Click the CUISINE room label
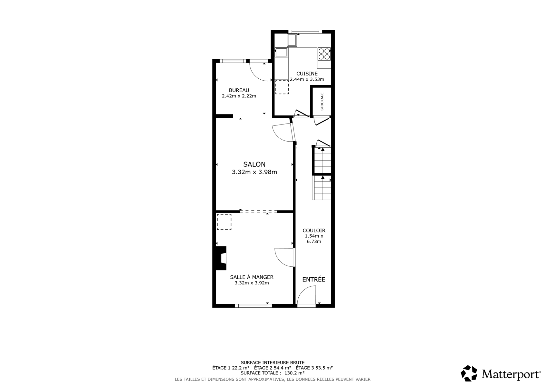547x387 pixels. coord(307,74)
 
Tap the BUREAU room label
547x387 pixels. coord(239,90)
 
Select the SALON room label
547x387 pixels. coord(254,164)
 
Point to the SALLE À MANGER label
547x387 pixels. coord(252,277)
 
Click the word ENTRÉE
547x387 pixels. coord(314,279)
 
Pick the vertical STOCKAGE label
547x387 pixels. coord(322,101)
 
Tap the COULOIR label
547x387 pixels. coord(314,230)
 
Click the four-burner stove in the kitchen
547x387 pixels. coord(324,54)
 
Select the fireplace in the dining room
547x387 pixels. coord(221,258)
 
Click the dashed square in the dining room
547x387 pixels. coord(224,222)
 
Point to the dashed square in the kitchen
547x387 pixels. coord(282,87)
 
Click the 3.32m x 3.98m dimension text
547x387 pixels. coord(254,172)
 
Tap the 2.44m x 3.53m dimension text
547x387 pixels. coord(307,79)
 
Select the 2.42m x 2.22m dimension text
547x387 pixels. coord(239,96)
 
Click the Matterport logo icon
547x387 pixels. coord(469,373)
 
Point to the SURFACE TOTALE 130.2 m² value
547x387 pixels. coord(273,373)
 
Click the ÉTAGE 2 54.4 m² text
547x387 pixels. coord(273,368)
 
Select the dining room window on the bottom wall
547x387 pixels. coord(253,305)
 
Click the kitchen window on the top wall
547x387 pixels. coord(305,32)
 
